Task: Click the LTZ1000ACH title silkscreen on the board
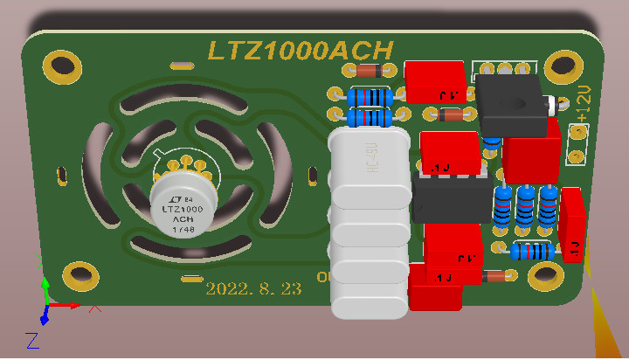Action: [x=300, y=50]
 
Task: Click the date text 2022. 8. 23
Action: [x=252, y=288]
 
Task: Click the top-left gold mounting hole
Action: [x=62, y=64]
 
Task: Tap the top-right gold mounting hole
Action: [x=564, y=66]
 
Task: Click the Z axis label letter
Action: [x=31, y=340]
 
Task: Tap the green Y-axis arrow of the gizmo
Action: [x=45, y=290]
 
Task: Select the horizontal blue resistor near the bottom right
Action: [x=530, y=253]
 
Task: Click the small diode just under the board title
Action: [x=363, y=72]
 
